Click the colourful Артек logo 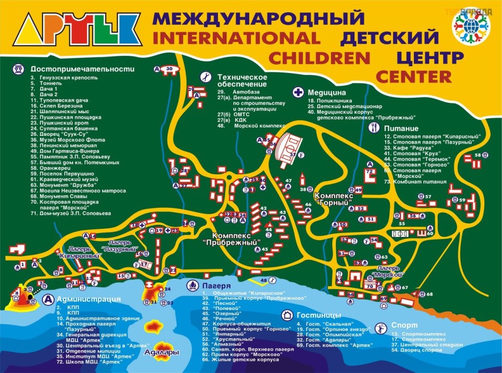[x=77, y=31]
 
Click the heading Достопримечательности [x=83, y=69]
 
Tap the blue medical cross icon [x=298, y=92]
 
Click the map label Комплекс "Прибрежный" [x=231, y=239]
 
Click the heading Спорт [x=400, y=325]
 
